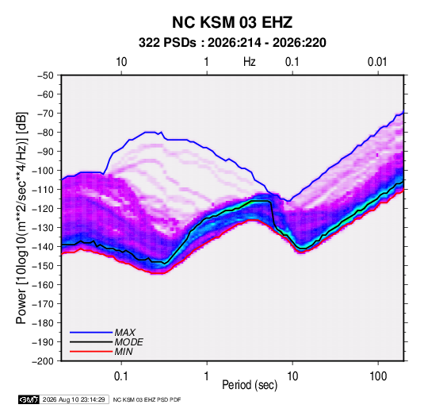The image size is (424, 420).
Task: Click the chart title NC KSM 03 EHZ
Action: click(232, 22)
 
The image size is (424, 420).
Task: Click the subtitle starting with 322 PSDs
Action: click(232, 43)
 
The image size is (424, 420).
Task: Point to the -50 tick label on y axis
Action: click(45, 75)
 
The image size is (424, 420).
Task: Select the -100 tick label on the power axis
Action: click(44, 171)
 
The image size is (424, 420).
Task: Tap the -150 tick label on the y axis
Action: click(44, 266)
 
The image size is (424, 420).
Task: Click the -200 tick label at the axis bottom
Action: click(44, 361)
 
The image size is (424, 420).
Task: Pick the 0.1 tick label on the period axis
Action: click(121, 376)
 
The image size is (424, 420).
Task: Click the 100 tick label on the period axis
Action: click(378, 376)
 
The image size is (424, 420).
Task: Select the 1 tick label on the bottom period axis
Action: click(207, 376)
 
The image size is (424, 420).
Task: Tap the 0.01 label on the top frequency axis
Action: click(377, 62)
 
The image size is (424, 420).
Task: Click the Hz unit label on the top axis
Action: click(250, 62)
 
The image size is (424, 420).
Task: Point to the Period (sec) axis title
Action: click(250, 385)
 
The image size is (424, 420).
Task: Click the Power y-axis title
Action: click(21, 218)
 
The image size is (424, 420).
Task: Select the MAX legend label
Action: click(124, 332)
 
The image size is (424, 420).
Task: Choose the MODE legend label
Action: click(128, 342)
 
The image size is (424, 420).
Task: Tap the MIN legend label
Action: click(124, 352)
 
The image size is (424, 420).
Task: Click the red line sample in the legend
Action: click(91, 352)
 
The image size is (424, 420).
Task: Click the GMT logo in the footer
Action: click(29, 399)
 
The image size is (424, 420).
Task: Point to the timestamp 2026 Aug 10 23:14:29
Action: click(74, 399)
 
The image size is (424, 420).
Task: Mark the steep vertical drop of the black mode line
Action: click(273, 214)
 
